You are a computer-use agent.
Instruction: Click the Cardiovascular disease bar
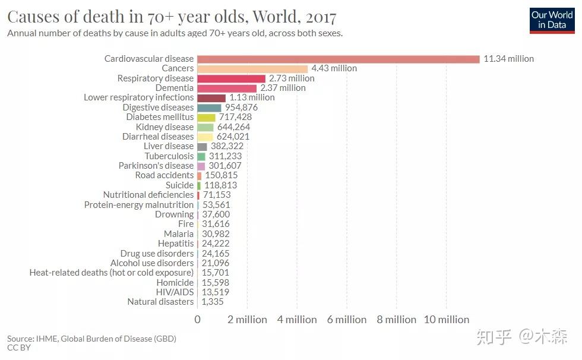[338, 59]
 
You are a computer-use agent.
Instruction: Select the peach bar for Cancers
[252, 68]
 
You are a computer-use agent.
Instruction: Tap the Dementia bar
[227, 88]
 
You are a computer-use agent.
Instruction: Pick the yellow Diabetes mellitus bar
[206, 117]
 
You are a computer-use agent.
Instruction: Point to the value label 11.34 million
[508, 59]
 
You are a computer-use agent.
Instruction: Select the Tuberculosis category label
[169, 156]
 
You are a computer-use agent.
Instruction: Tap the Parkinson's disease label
[156, 166]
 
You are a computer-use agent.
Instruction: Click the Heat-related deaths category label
[112, 273]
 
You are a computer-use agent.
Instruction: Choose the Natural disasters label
[160, 302]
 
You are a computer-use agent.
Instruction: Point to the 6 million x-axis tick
[347, 320]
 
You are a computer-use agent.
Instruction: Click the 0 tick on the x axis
[198, 320]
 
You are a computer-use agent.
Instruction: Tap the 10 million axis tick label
[446, 320]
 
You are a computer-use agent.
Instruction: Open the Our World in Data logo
[552, 20]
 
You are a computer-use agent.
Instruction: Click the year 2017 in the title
[321, 15]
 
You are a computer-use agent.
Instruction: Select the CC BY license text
[19, 348]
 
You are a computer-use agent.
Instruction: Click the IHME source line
[91, 339]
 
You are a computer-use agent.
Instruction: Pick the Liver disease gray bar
[202, 146]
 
